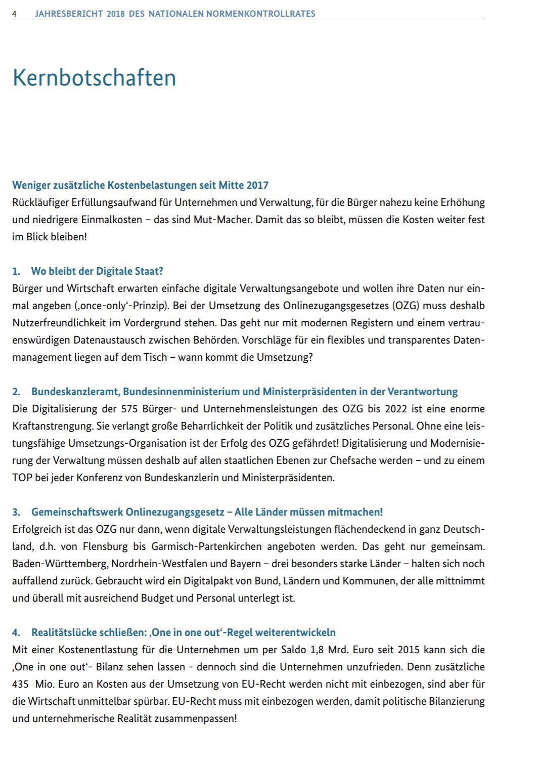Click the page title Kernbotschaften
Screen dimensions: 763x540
[x=94, y=78]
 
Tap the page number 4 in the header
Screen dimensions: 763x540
[x=14, y=14]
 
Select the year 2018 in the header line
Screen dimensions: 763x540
[x=115, y=14]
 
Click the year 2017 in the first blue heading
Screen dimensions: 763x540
[x=257, y=185]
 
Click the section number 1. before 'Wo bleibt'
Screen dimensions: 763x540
[x=16, y=271]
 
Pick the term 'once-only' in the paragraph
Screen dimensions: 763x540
[x=97, y=306]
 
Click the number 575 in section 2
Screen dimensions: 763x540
[x=130, y=409]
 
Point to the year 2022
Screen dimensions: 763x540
[x=396, y=409]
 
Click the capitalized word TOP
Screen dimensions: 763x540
[x=22, y=478]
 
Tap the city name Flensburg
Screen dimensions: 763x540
[x=105, y=546]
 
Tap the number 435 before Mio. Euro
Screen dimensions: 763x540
[x=21, y=684]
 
